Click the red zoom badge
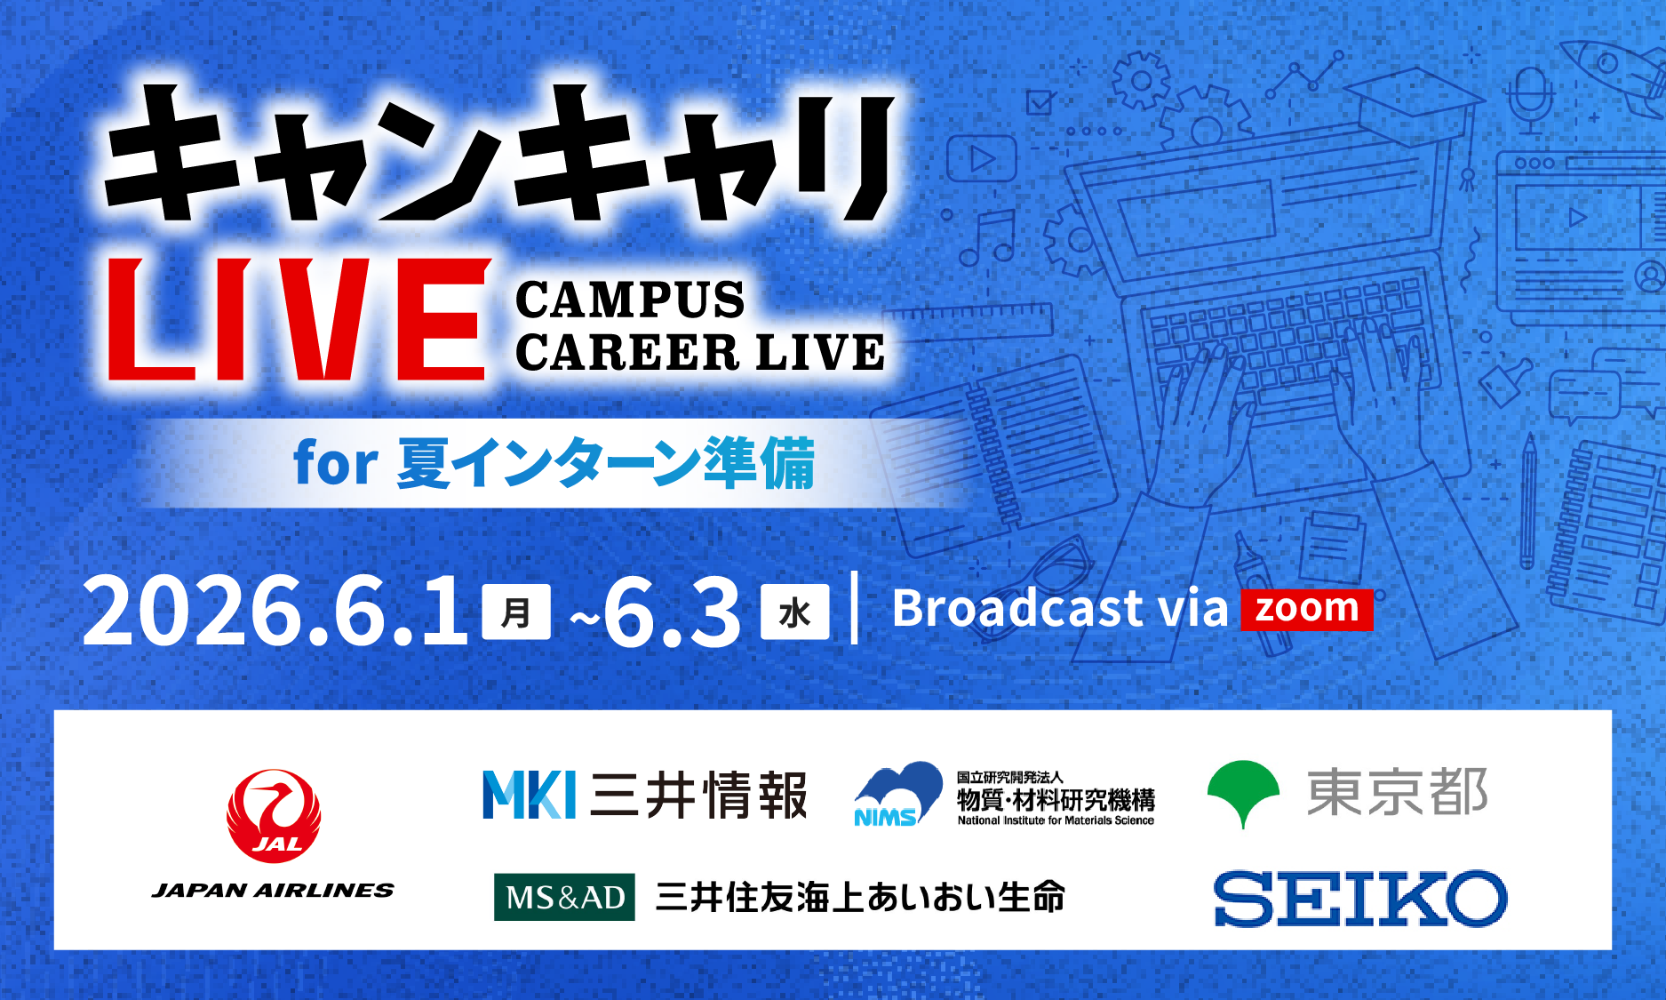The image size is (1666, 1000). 1306,610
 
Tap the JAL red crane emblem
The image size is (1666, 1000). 274,816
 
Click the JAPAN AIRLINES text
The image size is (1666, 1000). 273,891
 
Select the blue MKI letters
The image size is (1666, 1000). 530,794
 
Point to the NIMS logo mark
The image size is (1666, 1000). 897,794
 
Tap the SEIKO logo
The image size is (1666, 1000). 1360,898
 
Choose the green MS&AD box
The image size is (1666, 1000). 564,897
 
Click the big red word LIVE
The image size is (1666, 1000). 299,320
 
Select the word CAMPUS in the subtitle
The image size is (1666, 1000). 630,300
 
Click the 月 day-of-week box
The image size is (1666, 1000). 516,612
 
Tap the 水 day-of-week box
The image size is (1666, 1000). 794,612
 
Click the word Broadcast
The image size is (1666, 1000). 1018,609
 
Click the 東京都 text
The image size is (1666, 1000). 1398,793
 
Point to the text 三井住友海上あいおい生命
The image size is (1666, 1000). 860,897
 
